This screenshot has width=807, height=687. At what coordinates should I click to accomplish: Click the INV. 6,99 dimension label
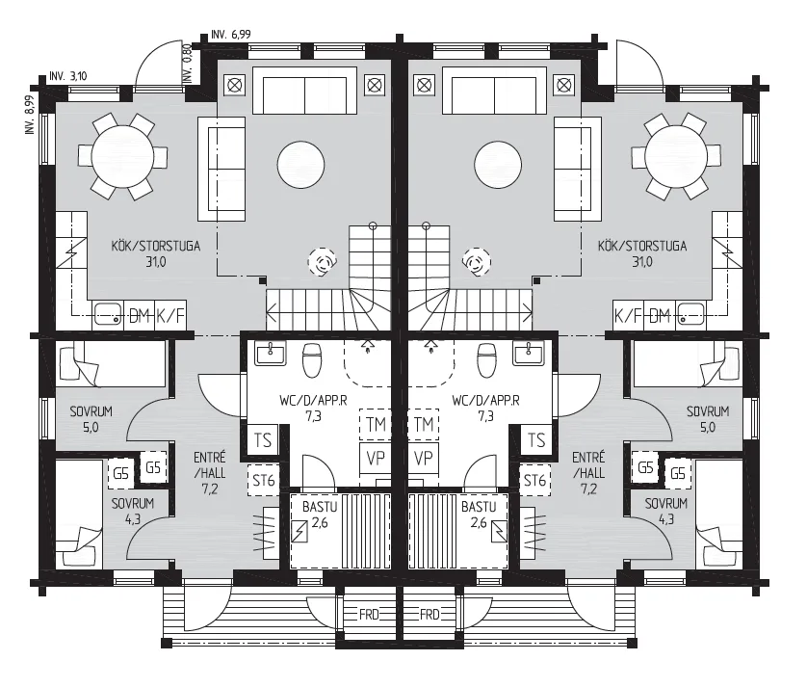pyautogui.click(x=231, y=35)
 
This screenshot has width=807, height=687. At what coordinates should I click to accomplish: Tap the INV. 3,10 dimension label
pyautogui.click(x=68, y=77)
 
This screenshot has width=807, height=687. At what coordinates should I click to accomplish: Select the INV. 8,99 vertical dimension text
pyautogui.click(x=30, y=115)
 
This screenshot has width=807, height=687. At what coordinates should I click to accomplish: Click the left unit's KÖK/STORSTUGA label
pyautogui.click(x=155, y=246)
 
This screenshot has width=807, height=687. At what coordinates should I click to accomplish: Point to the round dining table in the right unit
pyautogui.click(x=674, y=155)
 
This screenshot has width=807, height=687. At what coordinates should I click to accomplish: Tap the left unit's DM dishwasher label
pyautogui.click(x=139, y=315)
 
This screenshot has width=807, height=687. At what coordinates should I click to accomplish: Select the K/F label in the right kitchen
pyautogui.click(x=628, y=315)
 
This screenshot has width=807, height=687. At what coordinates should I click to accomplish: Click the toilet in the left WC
pyautogui.click(x=312, y=359)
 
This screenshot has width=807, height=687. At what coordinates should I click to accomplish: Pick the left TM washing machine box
pyautogui.click(x=376, y=424)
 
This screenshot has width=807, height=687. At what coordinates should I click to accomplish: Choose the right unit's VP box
pyautogui.click(x=424, y=458)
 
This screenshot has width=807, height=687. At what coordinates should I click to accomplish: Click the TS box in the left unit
pyautogui.click(x=263, y=440)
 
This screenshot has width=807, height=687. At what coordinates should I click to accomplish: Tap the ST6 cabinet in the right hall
pyautogui.click(x=534, y=481)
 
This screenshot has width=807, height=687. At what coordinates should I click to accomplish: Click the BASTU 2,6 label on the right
pyautogui.click(x=479, y=515)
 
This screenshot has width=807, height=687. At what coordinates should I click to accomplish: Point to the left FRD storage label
pyautogui.click(x=369, y=614)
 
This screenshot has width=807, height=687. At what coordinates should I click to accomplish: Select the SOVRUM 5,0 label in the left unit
pyautogui.click(x=91, y=419)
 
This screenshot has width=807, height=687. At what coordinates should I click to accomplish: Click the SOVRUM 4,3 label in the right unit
pyautogui.click(x=666, y=511)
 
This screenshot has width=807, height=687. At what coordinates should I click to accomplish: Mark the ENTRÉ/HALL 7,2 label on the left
pyautogui.click(x=210, y=473)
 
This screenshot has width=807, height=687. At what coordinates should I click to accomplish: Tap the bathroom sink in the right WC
pyautogui.click(x=529, y=354)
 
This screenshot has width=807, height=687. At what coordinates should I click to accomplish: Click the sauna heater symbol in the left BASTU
pyautogui.click(x=299, y=532)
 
